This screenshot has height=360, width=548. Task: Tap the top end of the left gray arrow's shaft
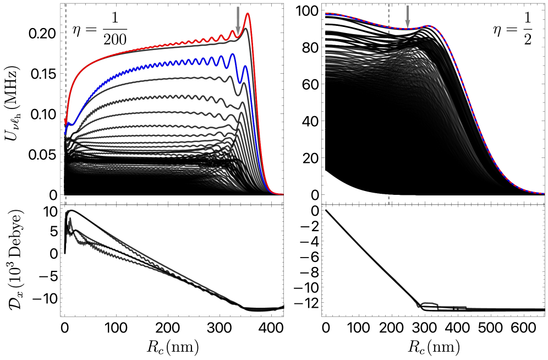point(238,7)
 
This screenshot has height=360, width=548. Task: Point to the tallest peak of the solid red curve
point(248,14)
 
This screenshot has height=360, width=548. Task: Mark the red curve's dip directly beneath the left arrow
point(238,37)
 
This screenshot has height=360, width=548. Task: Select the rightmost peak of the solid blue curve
point(245,66)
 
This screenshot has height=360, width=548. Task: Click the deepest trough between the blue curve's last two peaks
point(240,83)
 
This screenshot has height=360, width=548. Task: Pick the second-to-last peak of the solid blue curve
point(232,54)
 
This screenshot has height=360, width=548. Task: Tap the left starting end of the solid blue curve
point(65,133)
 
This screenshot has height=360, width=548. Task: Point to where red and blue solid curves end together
point(282,194)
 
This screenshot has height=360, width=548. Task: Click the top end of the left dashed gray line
point(65,5)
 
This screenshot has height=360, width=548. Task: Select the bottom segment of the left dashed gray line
point(65,200)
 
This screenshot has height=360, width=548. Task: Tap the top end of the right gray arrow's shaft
point(408,6)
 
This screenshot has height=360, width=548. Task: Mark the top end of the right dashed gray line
point(388,5)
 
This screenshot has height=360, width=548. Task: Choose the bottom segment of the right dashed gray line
point(388,200)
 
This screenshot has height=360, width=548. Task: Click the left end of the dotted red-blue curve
point(326,14)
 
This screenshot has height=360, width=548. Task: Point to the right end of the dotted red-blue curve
point(544,193)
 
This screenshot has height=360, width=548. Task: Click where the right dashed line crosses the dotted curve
point(388,26)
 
